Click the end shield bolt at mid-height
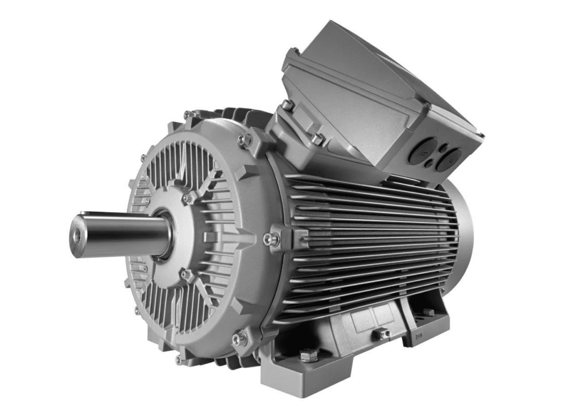pyautogui.click(x=273, y=239)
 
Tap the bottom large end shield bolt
pyautogui.click(x=240, y=338)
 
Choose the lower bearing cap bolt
pyautogui.click(x=185, y=275)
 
